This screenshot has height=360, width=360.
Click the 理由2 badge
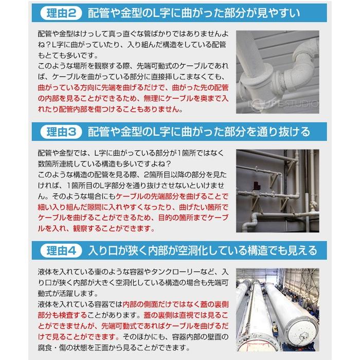point(61,11)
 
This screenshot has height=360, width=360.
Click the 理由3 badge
point(61,132)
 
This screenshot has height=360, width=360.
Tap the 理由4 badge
point(61,251)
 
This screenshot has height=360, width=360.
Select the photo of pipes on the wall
point(278,190)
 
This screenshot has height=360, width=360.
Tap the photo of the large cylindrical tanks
point(278,311)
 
